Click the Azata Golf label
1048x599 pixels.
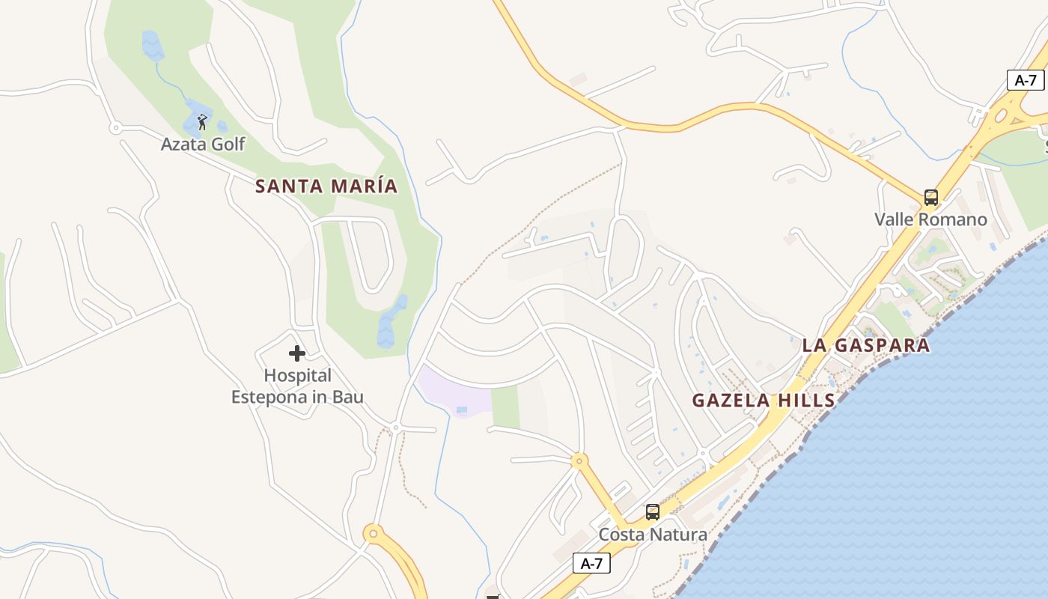(x=203, y=144)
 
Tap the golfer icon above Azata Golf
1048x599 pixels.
(x=202, y=121)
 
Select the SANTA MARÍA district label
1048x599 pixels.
(x=326, y=186)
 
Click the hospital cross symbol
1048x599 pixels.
(x=297, y=353)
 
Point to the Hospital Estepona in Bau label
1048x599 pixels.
(x=297, y=386)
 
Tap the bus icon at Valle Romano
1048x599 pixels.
(x=931, y=198)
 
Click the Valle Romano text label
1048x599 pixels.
(x=931, y=219)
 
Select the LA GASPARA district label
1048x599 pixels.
(x=866, y=345)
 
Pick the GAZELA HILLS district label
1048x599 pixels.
(x=764, y=400)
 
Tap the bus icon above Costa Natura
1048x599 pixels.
(x=653, y=512)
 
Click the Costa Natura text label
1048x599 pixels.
(x=653, y=535)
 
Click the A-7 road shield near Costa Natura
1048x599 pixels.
(x=591, y=563)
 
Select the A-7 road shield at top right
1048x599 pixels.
(x=1026, y=80)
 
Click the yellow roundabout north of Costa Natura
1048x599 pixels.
(x=579, y=461)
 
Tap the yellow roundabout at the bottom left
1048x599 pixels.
(x=373, y=534)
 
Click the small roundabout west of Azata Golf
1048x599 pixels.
(x=115, y=128)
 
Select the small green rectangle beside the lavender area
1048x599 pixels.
(x=506, y=407)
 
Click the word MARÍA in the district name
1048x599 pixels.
(x=363, y=186)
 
